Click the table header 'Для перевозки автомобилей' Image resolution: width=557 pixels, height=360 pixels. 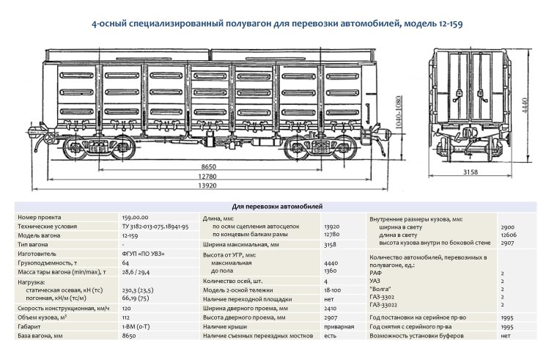pos(278,207)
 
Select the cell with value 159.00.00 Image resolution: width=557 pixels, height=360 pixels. pos(135,218)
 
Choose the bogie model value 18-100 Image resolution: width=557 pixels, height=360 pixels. pos(333,290)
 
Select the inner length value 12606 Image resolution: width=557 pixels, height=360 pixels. pos(509,235)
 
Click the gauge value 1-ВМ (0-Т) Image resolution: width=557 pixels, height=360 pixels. pos(137,326)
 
